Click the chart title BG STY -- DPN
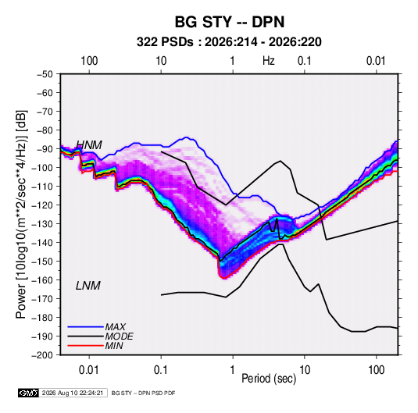tap(230, 22)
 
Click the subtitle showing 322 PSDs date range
tap(229, 42)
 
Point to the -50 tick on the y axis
tap(45, 74)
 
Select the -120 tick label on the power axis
tap(42, 205)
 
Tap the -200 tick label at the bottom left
tap(42, 355)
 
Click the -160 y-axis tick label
tap(42, 280)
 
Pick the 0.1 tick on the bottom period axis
tap(161, 370)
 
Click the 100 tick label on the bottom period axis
tap(376, 370)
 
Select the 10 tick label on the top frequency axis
tap(161, 61)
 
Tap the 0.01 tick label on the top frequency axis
tap(376, 61)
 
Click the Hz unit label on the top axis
tap(269, 61)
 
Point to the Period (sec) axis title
tap(269, 379)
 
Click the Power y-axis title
tap(21, 214)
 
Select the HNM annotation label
tap(89, 145)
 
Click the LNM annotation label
tap(88, 286)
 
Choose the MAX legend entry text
tap(116, 326)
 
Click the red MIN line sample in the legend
tap(85, 346)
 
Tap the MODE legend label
tap(120, 336)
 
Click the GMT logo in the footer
tap(28, 393)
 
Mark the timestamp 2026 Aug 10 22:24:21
tap(73, 393)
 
